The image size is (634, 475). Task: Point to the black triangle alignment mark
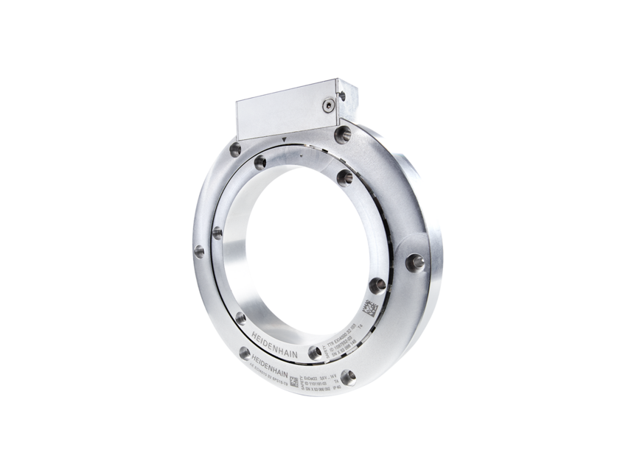tap(284, 138)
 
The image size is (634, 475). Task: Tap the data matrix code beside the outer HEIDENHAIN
tap(294, 381)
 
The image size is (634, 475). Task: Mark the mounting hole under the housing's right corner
tap(343, 134)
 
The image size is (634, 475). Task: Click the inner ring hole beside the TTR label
tap(316, 352)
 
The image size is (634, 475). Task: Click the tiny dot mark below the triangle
tap(302, 155)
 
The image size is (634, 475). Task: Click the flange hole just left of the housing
tap(235, 149)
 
